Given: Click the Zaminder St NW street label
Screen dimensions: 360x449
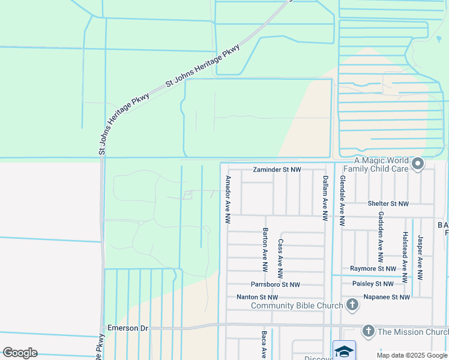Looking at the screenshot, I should point(277,170).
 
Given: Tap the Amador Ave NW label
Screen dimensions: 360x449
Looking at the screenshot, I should point(228,200).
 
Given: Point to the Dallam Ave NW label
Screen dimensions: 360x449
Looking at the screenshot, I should point(325,195).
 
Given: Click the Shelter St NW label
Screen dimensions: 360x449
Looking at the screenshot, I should point(388,204).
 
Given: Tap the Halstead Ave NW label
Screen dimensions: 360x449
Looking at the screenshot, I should point(406,257).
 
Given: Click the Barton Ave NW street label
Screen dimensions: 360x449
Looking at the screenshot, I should point(264,251).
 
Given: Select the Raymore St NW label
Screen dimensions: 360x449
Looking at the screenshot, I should point(373,269).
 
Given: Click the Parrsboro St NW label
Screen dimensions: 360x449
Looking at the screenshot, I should point(276,284).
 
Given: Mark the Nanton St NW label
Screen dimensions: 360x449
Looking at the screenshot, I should point(257,297).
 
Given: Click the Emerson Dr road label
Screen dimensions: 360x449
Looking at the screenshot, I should point(127,328).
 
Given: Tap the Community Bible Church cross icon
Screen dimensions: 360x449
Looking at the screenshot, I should point(352,305).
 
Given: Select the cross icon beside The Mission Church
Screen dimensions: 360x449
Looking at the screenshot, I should point(368,331).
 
